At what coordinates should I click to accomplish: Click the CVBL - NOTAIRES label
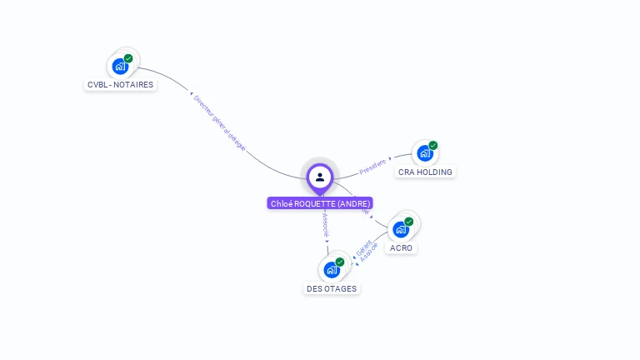pyautogui.click(x=121, y=84)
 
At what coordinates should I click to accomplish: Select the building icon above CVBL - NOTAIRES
pyautogui.click(x=119, y=66)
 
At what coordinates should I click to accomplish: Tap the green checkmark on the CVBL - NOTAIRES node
pyautogui.click(x=128, y=58)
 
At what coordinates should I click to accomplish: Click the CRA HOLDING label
pyautogui.click(x=425, y=172)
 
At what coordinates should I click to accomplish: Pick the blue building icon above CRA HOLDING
pyautogui.click(x=424, y=153)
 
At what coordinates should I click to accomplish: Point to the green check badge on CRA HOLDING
pyautogui.click(x=433, y=146)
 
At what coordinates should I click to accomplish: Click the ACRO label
pyautogui.click(x=401, y=247)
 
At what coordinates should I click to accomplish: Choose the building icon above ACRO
pyautogui.click(x=400, y=229)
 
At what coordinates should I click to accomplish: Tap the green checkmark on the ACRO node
pyautogui.click(x=409, y=221)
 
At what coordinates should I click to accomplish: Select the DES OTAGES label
pyautogui.click(x=331, y=288)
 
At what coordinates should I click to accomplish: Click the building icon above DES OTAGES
pyautogui.click(x=331, y=270)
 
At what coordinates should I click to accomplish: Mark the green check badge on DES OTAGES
pyautogui.click(x=340, y=262)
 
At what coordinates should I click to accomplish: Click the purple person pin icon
pyautogui.click(x=320, y=177)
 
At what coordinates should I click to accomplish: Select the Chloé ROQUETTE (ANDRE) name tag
pyautogui.click(x=320, y=202)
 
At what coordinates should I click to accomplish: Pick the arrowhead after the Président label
pyautogui.click(x=390, y=158)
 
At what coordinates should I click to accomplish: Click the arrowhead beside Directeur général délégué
pyautogui.click(x=192, y=93)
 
